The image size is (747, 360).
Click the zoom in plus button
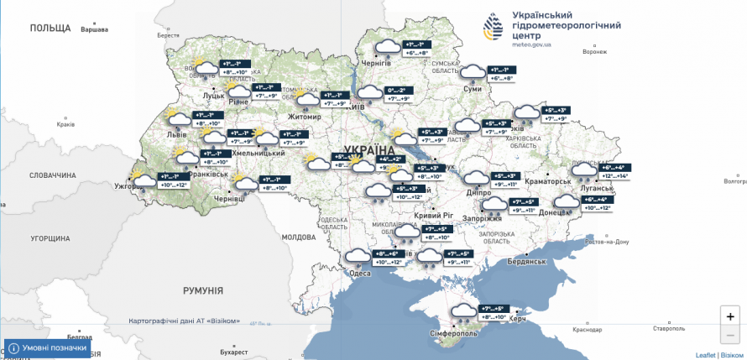(730, 316)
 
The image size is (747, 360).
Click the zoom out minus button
(730, 334)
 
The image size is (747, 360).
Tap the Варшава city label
(94, 30)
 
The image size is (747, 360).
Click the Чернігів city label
(375, 63)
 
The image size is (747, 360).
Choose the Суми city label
(472, 88)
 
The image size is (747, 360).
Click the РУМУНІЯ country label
(203, 290)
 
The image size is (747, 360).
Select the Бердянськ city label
(527, 262)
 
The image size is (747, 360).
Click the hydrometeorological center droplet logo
(495, 29)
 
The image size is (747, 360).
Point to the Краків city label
(65, 124)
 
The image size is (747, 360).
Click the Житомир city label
(305, 117)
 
